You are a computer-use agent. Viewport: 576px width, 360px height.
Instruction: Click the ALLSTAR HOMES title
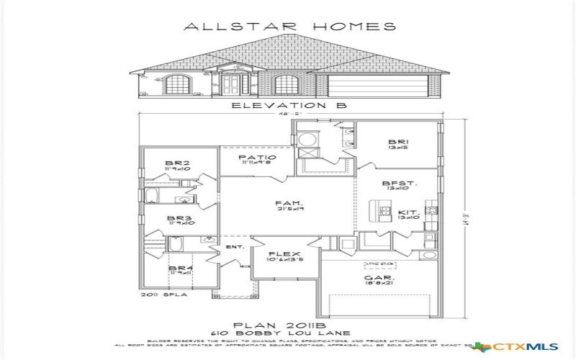point(290,27)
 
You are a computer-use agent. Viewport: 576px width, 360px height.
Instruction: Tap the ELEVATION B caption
point(289,105)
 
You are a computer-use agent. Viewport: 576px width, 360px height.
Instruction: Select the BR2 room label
point(177,163)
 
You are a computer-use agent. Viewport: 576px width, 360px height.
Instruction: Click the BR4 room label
point(179,268)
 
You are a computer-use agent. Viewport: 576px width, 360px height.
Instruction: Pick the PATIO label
point(256,157)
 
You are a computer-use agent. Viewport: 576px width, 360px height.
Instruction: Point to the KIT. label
point(408,212)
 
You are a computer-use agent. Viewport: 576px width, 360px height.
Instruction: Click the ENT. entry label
point(235,247)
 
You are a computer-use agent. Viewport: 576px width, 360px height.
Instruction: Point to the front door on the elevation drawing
point(232,86)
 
